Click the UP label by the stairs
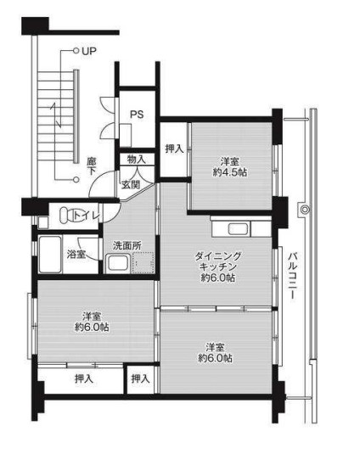pos(88,51)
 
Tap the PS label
pos(137,115)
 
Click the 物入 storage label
pos(137,160)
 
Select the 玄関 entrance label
pos(131,184)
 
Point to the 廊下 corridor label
pos(92,166)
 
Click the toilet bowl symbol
pos(67,216)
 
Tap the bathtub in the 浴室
pos(50,255)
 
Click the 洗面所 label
pos(127,246)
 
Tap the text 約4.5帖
pos(230,172)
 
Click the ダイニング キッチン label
pos(218,261)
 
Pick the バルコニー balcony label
pos(293,276)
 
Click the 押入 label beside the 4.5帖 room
pos(174,149)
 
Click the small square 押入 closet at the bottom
pos(140,378)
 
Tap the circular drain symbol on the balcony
pos(306,209)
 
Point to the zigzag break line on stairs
pos(56,115)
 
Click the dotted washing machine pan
pos(143,263)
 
